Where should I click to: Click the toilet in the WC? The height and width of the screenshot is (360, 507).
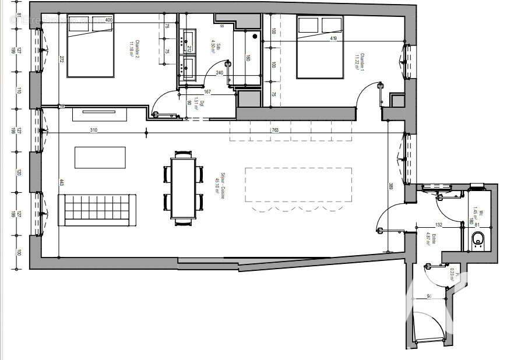pyautogui.click(x=478, y=238)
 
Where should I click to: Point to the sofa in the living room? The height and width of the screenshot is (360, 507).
pyautogui.click(x=97, y=210)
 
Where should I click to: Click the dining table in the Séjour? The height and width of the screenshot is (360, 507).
pyautogui.click(x=184, y=188)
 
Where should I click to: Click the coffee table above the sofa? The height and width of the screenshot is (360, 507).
pyautogui.click(x=100, y=157)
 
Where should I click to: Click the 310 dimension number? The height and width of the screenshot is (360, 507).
pyautogui.click(x=93, y=130)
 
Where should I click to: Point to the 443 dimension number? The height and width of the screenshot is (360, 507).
pyautogui.click(x=61, y=182)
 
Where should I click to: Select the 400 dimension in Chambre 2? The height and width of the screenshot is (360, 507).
pyautogui.click(x=108, y=20)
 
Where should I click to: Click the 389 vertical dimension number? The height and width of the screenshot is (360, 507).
pyautogui.click(x=390, y=188)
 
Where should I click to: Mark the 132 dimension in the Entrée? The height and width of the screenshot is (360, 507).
pyautogui.click(x=439, y=225)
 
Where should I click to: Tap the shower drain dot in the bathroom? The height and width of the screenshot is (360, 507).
pyautogui.click(x=254, y=35)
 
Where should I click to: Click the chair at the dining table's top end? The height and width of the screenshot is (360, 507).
pyautogui.click(x=184, y=154)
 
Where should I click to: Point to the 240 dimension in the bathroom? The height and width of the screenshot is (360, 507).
pyautogui.click(x=219, y=73)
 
